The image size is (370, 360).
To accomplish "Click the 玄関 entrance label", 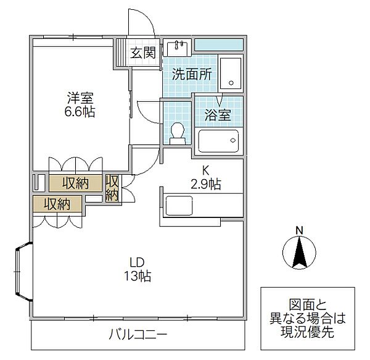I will point(141,53).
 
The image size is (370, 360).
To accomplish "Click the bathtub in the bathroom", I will point(219,141).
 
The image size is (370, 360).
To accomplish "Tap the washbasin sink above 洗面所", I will point(179,50).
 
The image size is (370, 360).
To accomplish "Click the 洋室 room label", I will point(81,98).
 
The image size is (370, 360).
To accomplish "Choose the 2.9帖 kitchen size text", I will point(206,183).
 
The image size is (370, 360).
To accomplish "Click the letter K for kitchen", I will point(207,170).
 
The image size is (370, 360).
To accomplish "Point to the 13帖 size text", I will point(139,276).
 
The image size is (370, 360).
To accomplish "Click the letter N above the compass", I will point(298,231).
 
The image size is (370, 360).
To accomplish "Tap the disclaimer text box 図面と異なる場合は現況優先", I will point(308,318).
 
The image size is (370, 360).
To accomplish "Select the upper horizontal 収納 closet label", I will point(75,183).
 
